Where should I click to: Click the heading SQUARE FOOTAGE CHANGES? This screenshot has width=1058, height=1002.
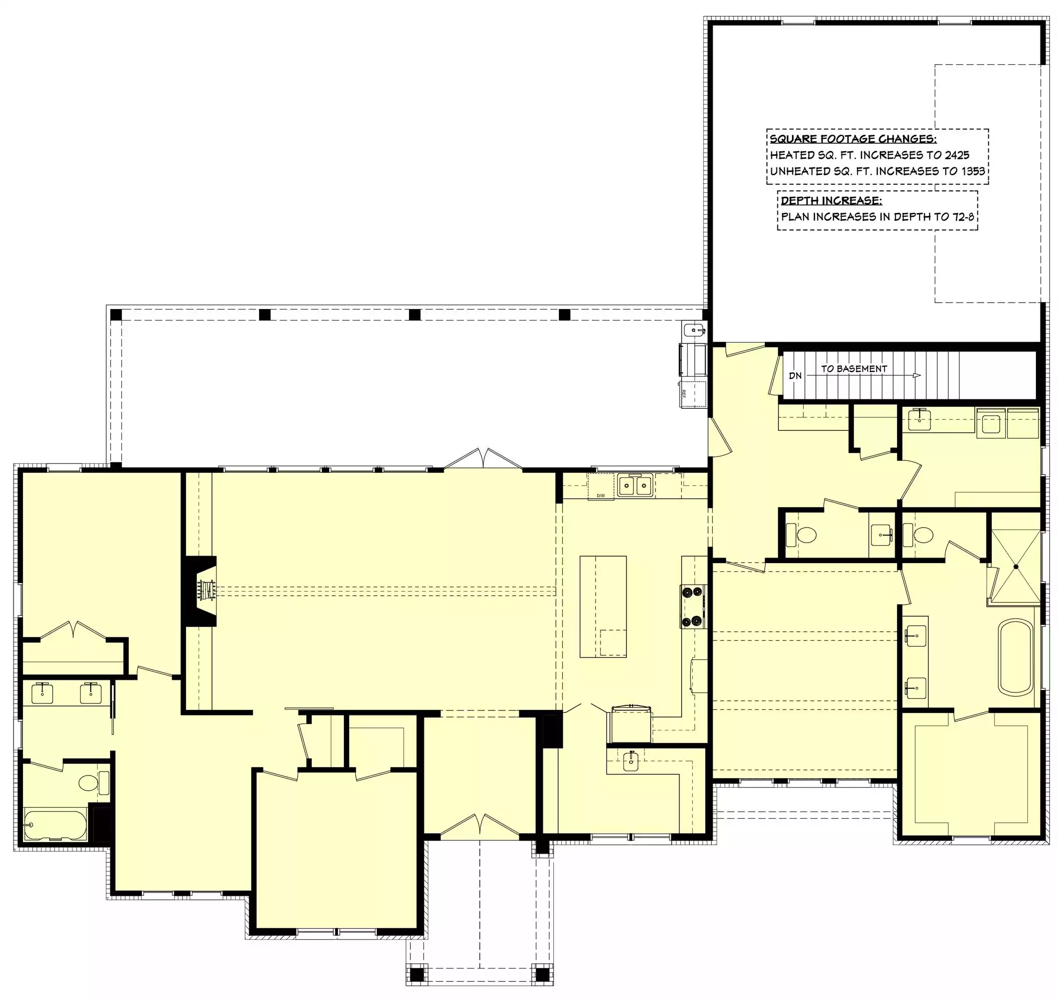pos(853,139)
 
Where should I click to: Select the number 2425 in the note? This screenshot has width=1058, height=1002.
pos(956,155)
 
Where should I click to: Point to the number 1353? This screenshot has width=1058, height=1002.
pos(972,171)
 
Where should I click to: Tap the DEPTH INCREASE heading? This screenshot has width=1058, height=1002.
pos(831,201)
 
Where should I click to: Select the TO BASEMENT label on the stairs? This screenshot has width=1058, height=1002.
pos(854,369)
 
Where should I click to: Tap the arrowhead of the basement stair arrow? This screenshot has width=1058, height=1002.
pos(917,375)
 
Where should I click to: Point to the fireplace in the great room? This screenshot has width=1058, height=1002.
pos(201,591)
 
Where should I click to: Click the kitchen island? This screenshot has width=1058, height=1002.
pos(603,606)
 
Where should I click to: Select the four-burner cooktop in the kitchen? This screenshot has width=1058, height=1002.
pos(693,606)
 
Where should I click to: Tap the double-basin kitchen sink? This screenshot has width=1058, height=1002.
pos(636,485)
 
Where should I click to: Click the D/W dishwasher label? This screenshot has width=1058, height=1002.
pos(600,496)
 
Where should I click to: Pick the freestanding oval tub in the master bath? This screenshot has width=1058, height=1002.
pos(1016,657)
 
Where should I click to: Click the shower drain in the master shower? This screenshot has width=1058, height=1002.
pos(1016,567)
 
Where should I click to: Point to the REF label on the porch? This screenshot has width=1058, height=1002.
pos(684,394)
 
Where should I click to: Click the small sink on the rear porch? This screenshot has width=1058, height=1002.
pos(695,330)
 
